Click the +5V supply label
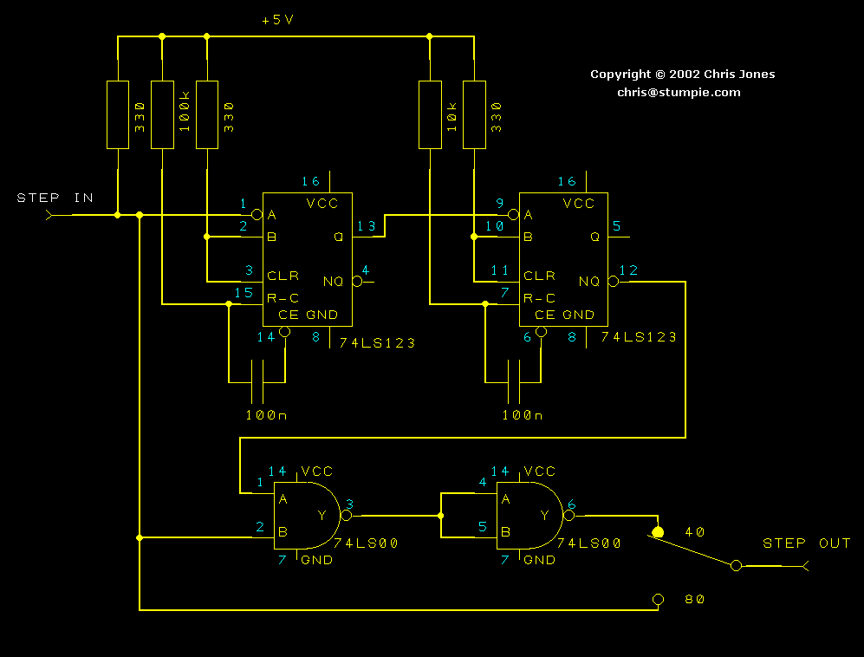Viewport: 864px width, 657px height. [277, 20]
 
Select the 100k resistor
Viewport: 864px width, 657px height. [162, 114]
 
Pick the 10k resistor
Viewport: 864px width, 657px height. [430, 114]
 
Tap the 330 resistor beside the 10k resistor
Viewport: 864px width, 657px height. [475, 114]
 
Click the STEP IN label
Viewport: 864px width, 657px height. [55, 198]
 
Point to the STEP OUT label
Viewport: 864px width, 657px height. [806, 543]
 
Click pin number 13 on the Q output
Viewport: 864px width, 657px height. [367, 227]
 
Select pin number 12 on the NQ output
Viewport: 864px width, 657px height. [628, 270]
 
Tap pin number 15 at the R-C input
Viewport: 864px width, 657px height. [244, 292]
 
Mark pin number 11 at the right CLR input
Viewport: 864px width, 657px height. [500, 270]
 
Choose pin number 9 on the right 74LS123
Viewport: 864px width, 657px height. [500, 205]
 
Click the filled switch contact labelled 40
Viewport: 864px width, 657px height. [658, 532]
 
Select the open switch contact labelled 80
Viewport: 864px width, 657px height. [658, 599]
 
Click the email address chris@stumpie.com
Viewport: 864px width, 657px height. [679, 92]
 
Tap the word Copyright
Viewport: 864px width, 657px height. [620, 75]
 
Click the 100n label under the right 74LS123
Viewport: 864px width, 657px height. [523, 415]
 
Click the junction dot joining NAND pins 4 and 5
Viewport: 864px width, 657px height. [441, 516]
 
